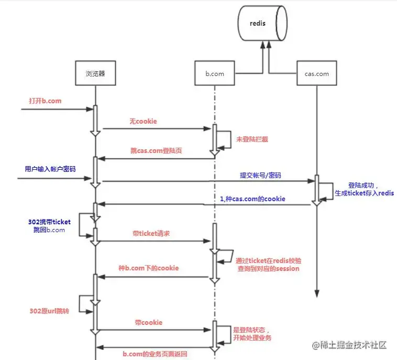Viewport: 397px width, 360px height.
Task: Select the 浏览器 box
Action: click(95, 73)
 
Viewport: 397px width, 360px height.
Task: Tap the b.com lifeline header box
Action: click(214, 74)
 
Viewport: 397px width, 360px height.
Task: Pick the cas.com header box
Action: click(316, 74)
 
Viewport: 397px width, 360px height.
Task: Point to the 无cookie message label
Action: click(143, 121)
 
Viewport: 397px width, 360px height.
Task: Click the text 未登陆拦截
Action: click(256, 139)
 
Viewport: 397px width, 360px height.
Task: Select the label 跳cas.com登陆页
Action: click(156, 150)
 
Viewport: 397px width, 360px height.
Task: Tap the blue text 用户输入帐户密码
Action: click(50, 169)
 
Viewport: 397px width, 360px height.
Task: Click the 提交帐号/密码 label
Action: click(260, 175)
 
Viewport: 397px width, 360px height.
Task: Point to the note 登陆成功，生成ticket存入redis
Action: click(363, 189)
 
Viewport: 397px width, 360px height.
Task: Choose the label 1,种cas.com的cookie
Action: click(252, 198)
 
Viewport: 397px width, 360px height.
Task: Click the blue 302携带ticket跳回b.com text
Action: click(49, 226)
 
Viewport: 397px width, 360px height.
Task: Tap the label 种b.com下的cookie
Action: click(148, 268)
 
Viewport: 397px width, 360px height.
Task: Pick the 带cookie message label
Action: click(149, 322)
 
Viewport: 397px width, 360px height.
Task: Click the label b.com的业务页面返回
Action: click(155, 354)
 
